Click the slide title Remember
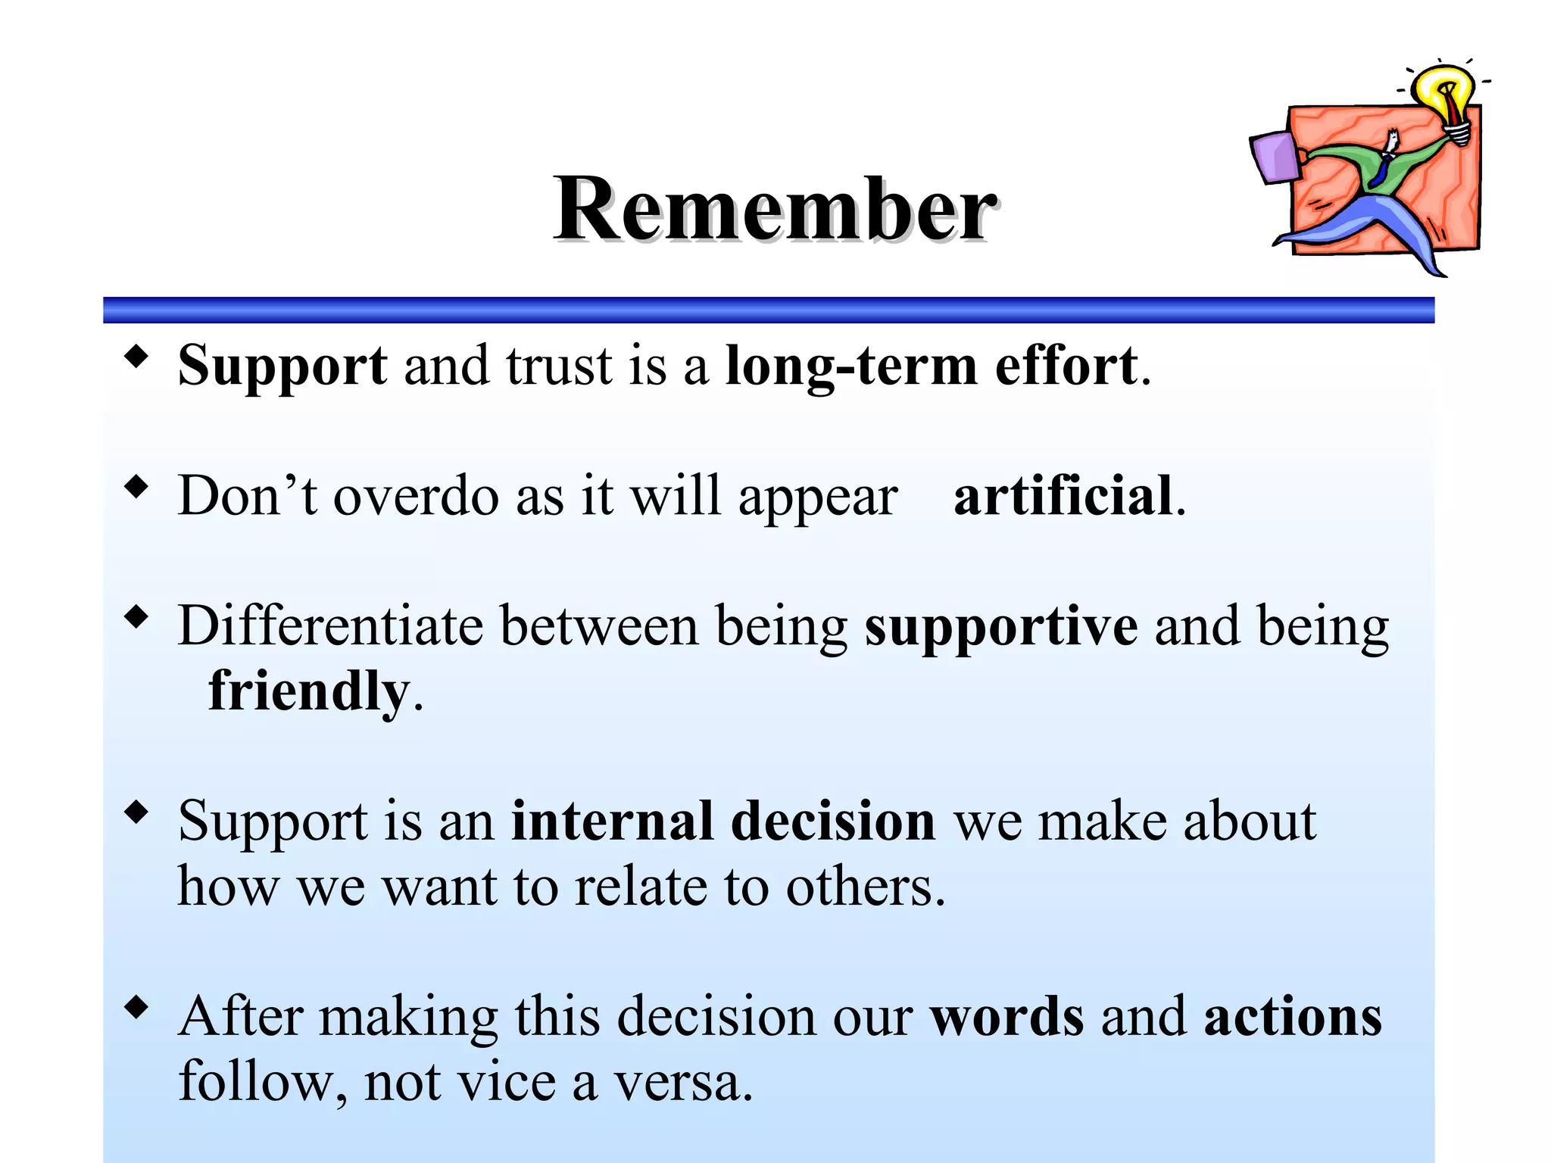774,208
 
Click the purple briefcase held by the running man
1275,157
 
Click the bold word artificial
1063,496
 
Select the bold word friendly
308,691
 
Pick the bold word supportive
1000,627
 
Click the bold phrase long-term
851,366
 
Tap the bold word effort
1066,366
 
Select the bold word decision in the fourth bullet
833,821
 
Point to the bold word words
1006,1016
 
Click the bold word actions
1292,1016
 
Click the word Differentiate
330,626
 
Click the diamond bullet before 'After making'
136,1008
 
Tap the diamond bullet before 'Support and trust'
136,356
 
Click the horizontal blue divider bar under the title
768,310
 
